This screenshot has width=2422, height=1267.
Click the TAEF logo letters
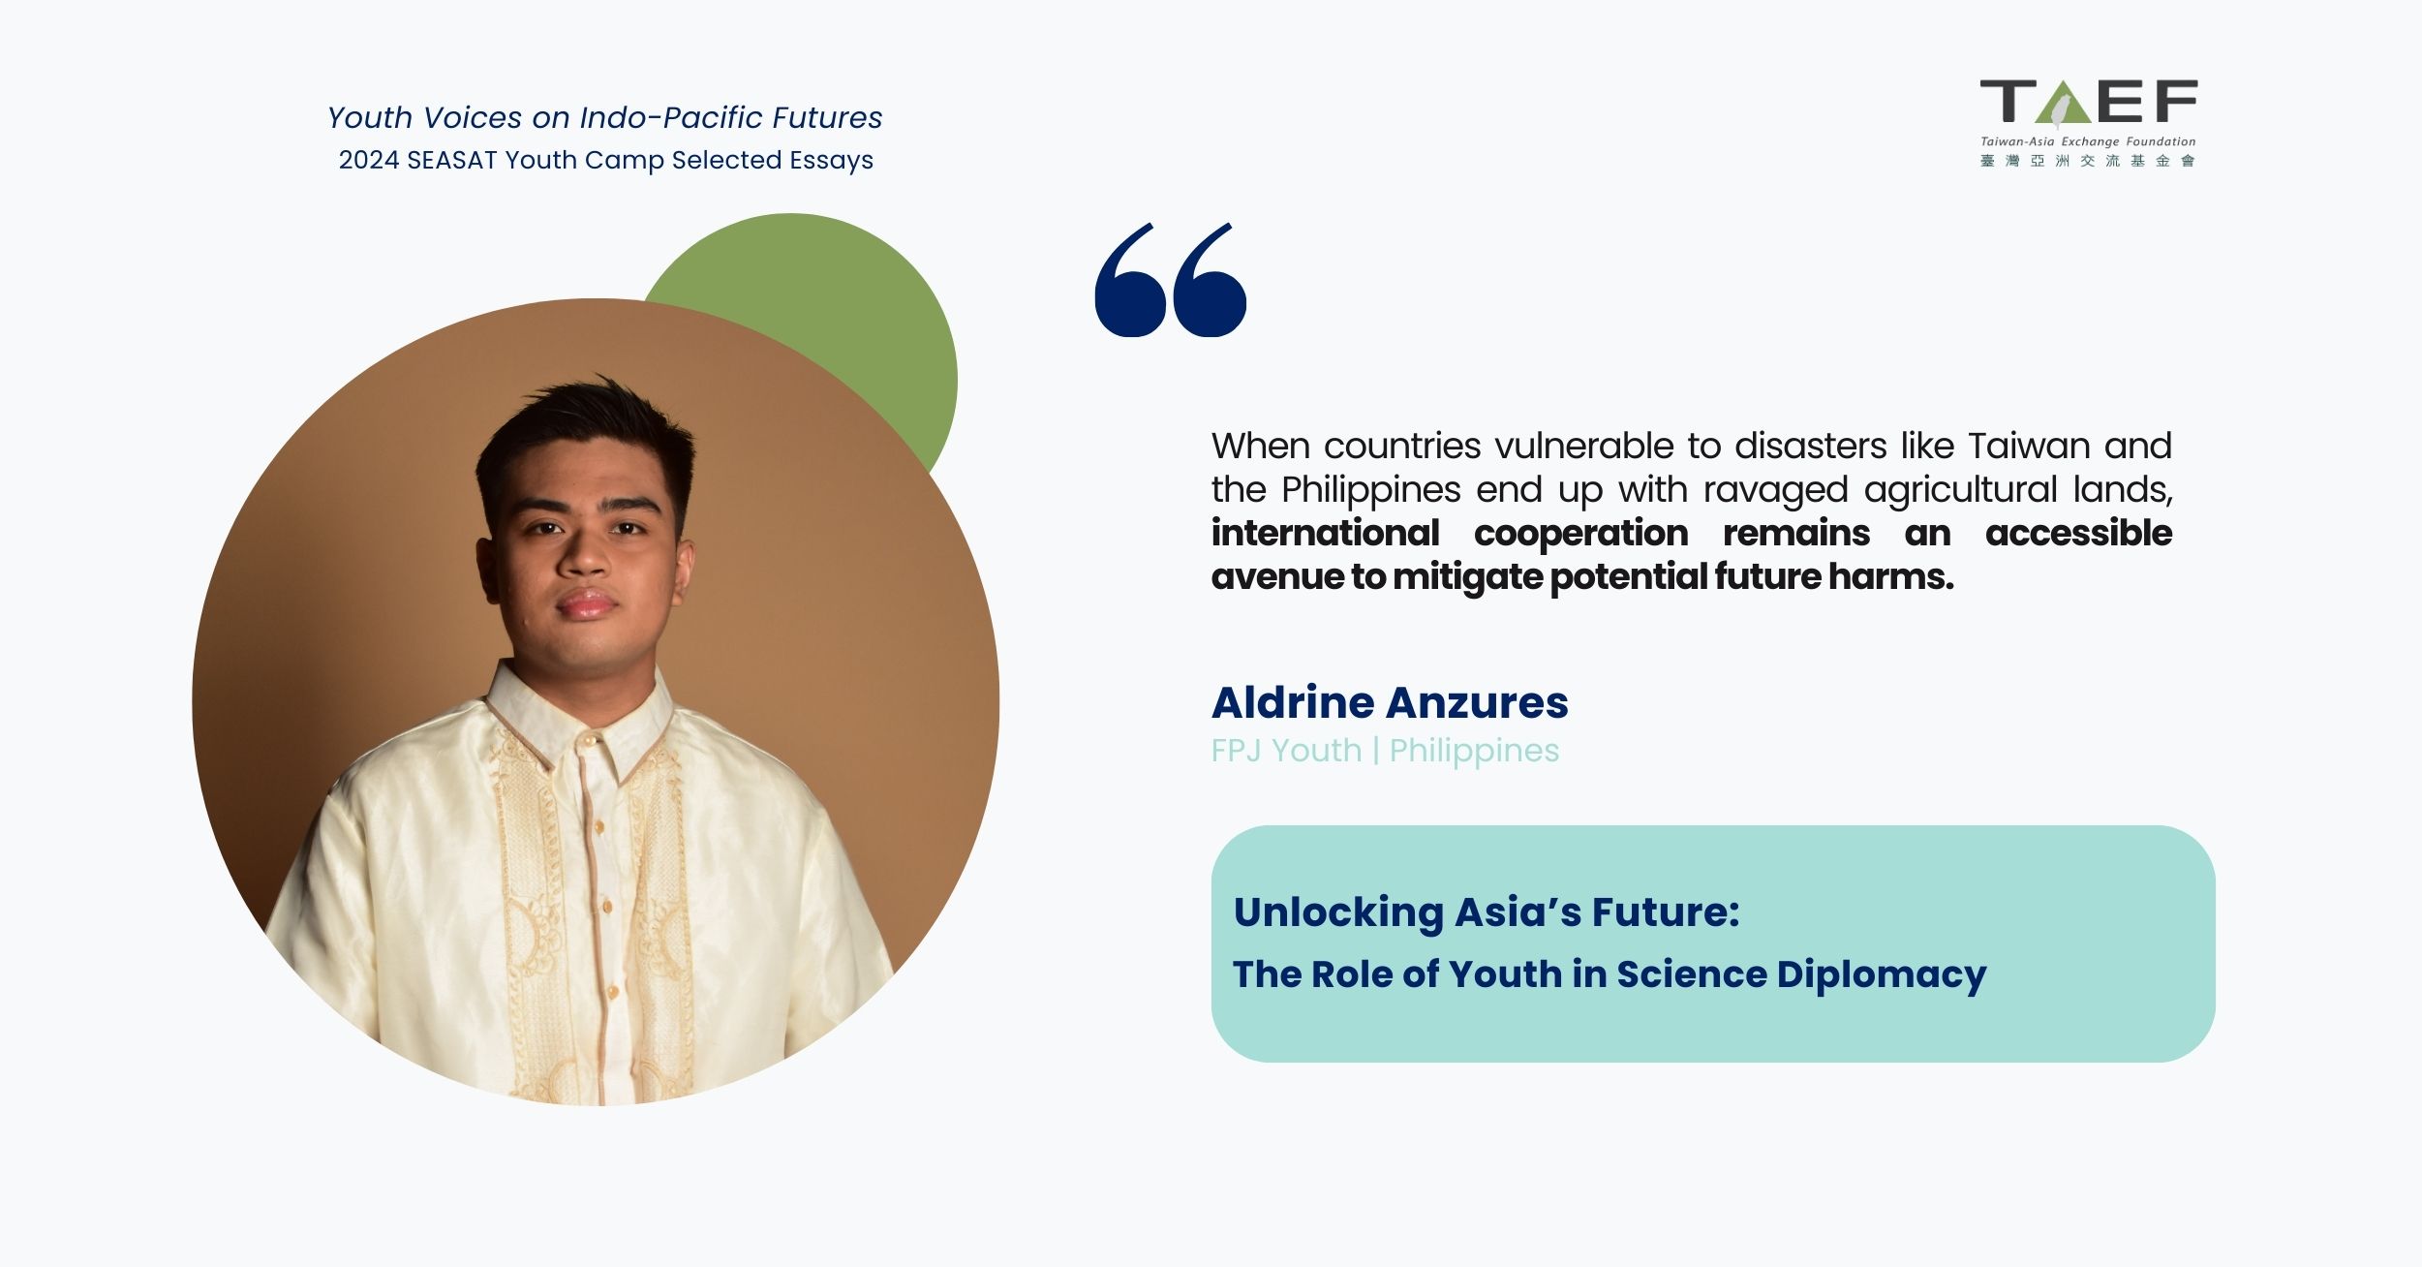coord(2089,103)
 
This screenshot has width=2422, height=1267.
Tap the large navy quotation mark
coord(1170,280)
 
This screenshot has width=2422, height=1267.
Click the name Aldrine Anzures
coord(1390,702)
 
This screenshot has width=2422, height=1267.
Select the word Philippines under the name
coord(1474,752)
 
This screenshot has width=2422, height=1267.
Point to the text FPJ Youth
coord(1286,751)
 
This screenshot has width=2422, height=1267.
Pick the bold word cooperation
coord(1580,534)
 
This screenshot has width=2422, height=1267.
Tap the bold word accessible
coord(2078,533)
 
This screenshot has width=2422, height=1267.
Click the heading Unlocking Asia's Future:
coord(1487,912)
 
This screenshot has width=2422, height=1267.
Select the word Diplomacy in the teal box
coord(1882,975)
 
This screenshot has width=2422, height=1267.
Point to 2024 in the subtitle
coord(368,161)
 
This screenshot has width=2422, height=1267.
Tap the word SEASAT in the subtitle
coord(452,161)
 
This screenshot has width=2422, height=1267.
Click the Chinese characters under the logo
coord(2088,162)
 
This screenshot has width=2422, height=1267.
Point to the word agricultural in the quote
coord(1960,491)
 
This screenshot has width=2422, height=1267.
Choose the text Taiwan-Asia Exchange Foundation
coord(2088,141)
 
